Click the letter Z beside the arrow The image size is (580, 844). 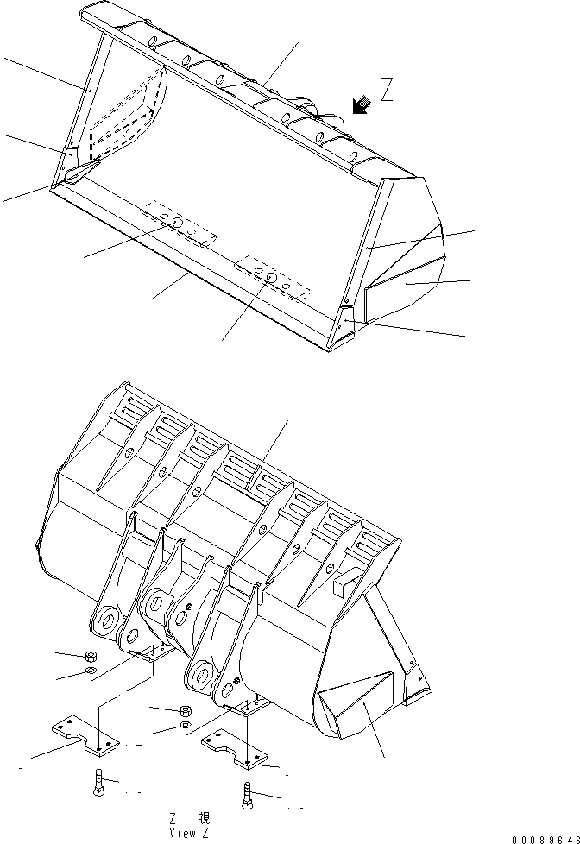point(388,91)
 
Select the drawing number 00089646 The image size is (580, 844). point(544,838)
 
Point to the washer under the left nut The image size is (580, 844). point(91,672)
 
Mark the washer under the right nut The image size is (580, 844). point(185,727)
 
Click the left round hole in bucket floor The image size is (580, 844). point(176,224)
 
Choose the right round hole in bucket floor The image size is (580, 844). point(270,277)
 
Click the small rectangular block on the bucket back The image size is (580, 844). point(343,586)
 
